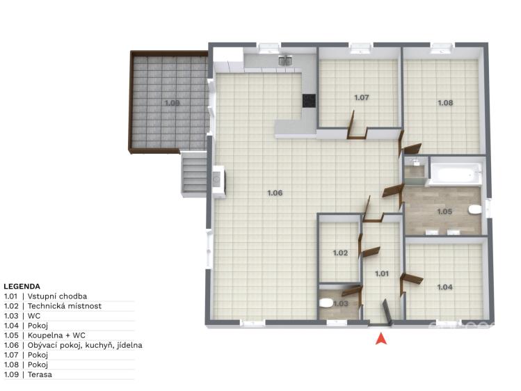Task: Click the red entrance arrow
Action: pos(381,339)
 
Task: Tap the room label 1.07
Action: pos(362,97)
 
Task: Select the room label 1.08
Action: pos(445,103)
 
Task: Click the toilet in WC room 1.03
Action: pos(326,303)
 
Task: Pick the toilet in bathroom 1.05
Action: pos(474,210)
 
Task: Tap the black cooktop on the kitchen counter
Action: pos(309,101)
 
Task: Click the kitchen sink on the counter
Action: pos(285,61)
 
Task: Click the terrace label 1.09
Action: pos(172,103)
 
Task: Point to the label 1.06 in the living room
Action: pos(275,193)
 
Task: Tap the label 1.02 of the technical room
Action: pos(340,253)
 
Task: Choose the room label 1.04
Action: pos(444,287)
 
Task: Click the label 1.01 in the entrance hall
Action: pos(382,273)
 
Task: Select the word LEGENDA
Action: pos(22,287)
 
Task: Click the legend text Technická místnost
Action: pos(65,306)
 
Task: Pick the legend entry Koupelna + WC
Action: pos(56,335)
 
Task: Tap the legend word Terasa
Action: pos(40,375)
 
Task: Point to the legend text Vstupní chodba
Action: pos(57,296)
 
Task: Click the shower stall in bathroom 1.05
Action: pos(415,170)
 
